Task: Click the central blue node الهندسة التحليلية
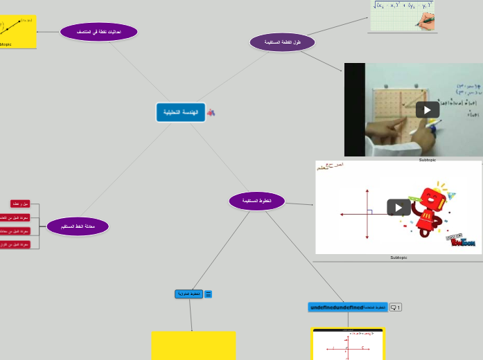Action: pos(180,112)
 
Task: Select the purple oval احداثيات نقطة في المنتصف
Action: pos(98,32)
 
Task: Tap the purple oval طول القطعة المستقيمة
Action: pos(282,42)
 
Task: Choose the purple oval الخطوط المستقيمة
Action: pos(256,201)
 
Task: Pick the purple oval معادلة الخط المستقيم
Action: pos(78,226)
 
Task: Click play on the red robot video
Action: pos(398,207)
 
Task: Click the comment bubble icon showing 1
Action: pos(395,307)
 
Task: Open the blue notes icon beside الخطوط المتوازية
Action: pos(208,294)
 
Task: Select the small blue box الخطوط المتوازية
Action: pos(188,294)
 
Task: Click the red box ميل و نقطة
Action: pos(20,204)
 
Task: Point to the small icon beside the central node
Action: pos(211,112)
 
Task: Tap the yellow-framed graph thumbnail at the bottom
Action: pos(347,344)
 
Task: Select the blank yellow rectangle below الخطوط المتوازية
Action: pos(193,345)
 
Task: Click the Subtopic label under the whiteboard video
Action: pos(427,160)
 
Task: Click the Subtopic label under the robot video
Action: pos(398,258)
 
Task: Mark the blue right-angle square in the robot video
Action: pos(369,213)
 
